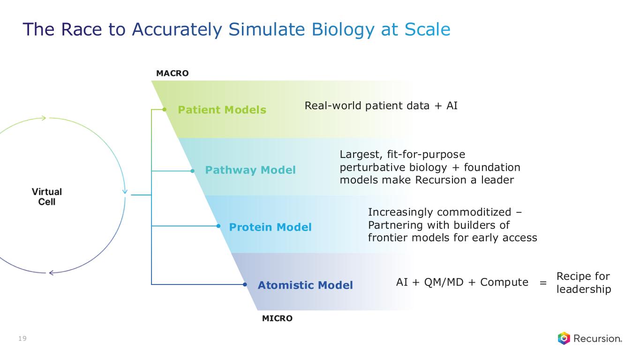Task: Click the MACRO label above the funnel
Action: (x=172, y=74)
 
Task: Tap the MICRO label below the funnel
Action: (x=277, y=319)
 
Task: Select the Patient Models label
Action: (x=222, y=110)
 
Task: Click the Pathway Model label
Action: (x=250, y=170)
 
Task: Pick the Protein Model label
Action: (x=270, y=227)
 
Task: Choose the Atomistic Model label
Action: (x=305, y=285)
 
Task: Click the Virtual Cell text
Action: (x=47, y=197)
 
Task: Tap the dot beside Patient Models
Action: (x=165, y=110)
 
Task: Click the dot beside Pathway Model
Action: (x=192, y=171)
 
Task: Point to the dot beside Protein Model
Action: (x=218, y=226)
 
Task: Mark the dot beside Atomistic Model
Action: (x=245, y=284)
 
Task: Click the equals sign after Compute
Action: (x=543, y=283)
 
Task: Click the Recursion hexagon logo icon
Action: (x=564, y=338)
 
